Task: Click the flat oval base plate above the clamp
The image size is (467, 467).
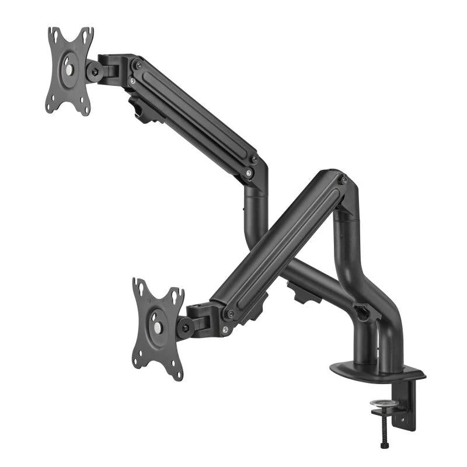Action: click(x=377, y=371)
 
